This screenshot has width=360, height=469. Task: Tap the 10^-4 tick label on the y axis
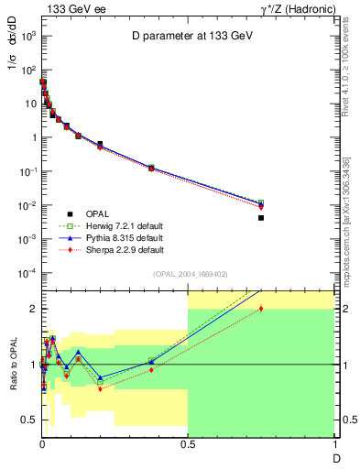tap(26, 273)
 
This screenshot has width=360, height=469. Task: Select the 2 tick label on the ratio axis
tap(31, 309)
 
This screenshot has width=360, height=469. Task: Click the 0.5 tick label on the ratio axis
tap(27, 420)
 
